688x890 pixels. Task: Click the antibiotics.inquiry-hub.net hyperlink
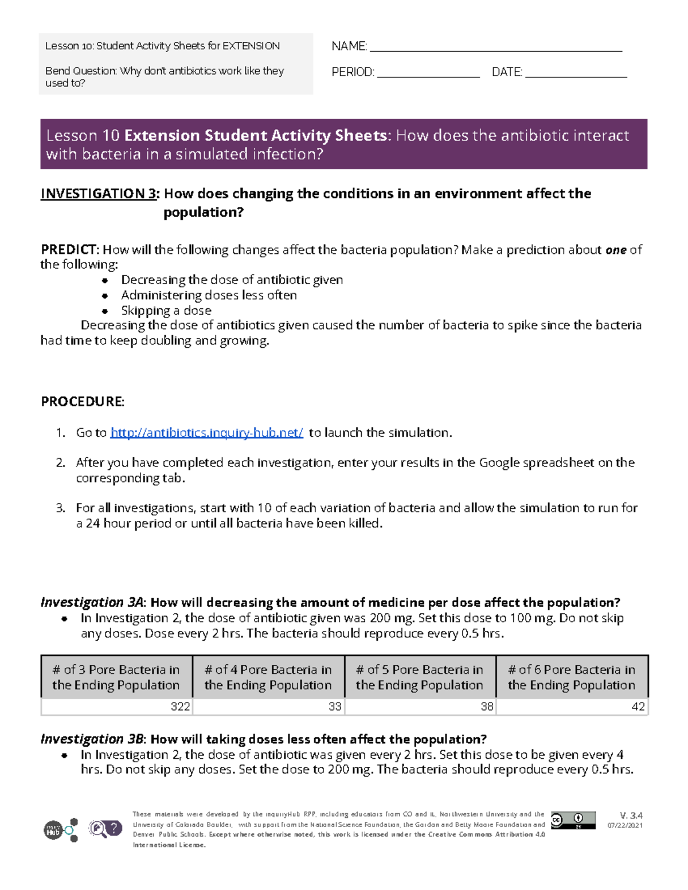tap(206, 433)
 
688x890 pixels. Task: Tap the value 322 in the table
tap(180, 707)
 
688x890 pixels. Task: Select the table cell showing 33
tap(335, 707)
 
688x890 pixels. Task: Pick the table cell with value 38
tap(487, 707)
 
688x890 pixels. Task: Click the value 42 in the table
tap(638, 707)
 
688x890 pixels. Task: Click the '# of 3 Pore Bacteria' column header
tap(116, 677)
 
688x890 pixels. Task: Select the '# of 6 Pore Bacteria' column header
tap(572, 677)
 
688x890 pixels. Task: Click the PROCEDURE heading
tap(83, 401)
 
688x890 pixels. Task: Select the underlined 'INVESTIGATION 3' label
tap(98, 194)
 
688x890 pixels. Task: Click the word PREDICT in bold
tap(69, 249)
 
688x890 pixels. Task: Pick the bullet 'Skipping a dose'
tap(166, 311)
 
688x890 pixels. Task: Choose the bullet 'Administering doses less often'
tap(209, 295)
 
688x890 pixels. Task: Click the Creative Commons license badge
tap(573, 820)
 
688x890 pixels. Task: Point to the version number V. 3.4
tap(631, 815)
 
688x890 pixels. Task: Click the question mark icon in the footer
tap(114, 828)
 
